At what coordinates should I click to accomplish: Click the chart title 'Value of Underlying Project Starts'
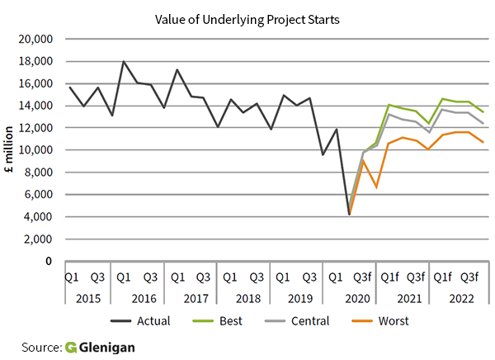click(247, 16)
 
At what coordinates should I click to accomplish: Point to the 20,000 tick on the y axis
click(35, 39)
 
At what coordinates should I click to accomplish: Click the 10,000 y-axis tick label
click(35, 150)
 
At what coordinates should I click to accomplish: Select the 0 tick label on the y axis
click(50, 262)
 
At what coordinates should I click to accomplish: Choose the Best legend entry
click(238, 320)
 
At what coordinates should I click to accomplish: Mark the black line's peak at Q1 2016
click(124, 62)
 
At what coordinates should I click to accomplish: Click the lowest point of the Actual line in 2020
click(350, 214)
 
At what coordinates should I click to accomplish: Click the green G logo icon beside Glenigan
click(71, 348)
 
